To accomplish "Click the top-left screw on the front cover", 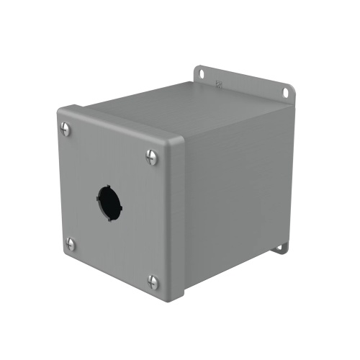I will (x=67, y=130).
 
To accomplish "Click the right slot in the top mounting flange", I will (x=287, y=92).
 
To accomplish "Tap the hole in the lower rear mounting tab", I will (x=283, y=247).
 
